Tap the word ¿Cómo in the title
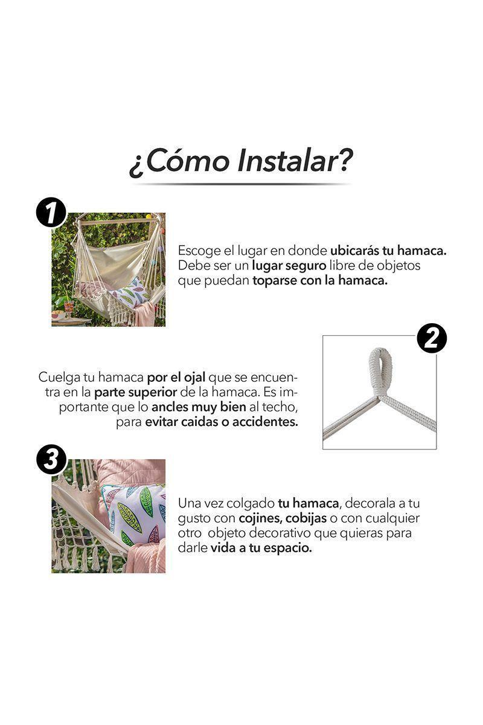[176, 161]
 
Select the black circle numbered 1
[51, 213]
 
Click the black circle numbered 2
[432, 338]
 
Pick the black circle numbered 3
[51, 460]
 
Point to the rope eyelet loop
[380, 370]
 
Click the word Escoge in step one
[196, 251]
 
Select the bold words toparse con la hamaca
[320, 282]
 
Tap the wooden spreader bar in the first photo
[115, 222]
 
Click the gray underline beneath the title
[241, 184]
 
